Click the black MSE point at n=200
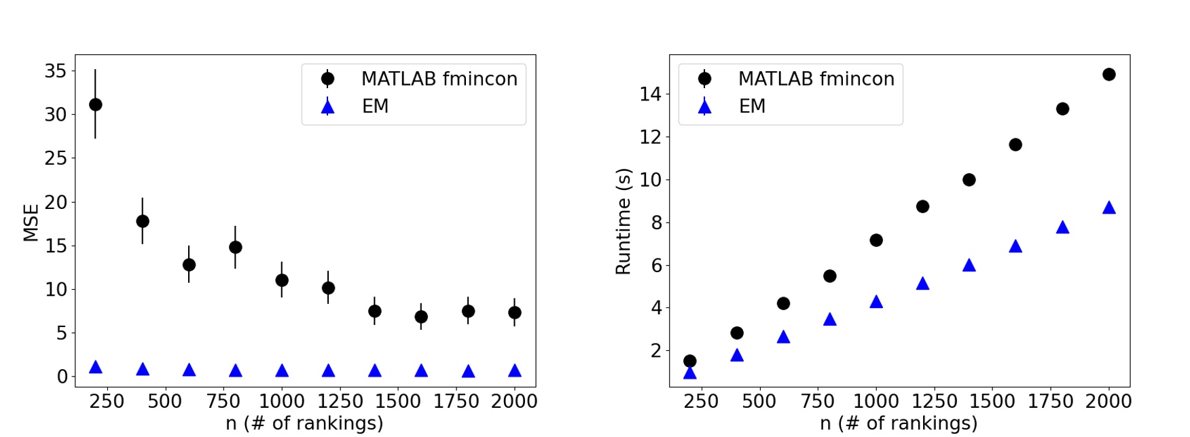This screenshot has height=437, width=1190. pos(96,104)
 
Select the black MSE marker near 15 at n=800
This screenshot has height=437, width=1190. pos(235,247)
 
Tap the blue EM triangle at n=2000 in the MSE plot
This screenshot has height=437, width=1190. pos(515,370)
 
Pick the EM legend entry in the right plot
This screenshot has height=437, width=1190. pos(752,107)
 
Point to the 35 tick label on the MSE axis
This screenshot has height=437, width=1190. pos(56,71)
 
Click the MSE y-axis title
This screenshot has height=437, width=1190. pos(31,223)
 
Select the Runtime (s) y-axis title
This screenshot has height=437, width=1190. pos(623,221)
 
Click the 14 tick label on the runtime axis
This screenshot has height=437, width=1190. pos(650,94)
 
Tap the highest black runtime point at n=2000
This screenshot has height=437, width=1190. pos(1109,75)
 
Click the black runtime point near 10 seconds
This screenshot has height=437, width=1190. pos(969,180)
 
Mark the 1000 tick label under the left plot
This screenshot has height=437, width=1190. pos(282,402)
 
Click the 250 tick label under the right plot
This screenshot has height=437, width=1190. pos(701,402)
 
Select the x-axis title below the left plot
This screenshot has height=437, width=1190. pos(304,423)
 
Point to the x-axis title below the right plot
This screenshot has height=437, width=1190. pos(899,423)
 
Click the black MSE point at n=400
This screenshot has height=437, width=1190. pos(143,221)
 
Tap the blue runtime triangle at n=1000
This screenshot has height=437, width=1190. pos(876,302)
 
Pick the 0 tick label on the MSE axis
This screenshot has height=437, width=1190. pos(62,377)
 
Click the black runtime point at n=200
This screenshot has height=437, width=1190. pos(690,361)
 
